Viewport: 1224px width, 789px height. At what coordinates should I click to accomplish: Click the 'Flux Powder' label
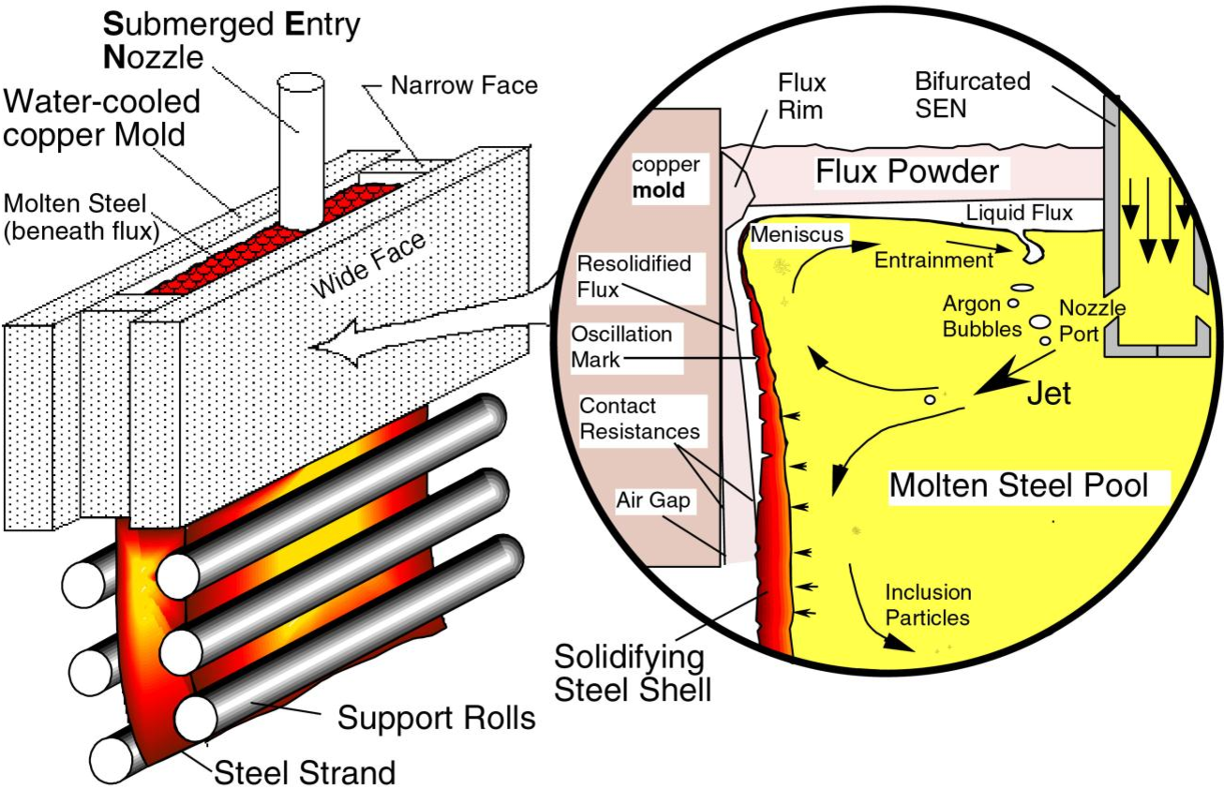click(906, 172)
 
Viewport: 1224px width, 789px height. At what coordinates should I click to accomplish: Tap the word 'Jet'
click(1049, 392)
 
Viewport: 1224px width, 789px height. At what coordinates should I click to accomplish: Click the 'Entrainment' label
click(933, 260)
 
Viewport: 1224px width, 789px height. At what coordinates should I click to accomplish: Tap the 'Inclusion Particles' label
click(928, 604)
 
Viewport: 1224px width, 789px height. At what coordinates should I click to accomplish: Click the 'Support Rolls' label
click(436, 719)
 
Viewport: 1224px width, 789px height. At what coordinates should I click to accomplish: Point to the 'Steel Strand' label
click(305, 772)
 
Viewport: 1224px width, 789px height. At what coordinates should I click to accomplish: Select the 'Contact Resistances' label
click(639, 419)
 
